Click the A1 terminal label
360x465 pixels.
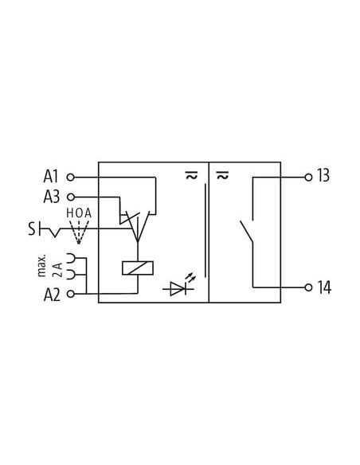coord(51,177)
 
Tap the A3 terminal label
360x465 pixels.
coord(52,197)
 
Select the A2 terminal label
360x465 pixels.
coord(52,295)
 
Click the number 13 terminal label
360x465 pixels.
coord(323,175)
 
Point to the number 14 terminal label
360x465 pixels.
coord(324,287)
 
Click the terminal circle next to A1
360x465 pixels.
coord(70,178)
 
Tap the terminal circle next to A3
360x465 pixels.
coord(70,197)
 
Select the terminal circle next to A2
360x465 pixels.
coord(70,294)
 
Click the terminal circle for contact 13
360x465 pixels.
coord(308,178)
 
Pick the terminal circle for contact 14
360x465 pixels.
coord(308,287)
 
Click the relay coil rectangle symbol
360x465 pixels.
coord(138,268)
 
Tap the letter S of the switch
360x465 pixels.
coord(31,229)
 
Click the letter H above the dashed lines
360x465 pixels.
coord(69,213)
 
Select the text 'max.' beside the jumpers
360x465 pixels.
coord(42,265)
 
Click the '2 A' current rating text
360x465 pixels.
coord(58,269)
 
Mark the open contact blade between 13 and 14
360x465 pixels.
coord(246,232)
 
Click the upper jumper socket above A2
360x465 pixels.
coord(71,258)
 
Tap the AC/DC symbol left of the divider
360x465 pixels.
coord(191,175)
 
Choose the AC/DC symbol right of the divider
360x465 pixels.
coord(222,175)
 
